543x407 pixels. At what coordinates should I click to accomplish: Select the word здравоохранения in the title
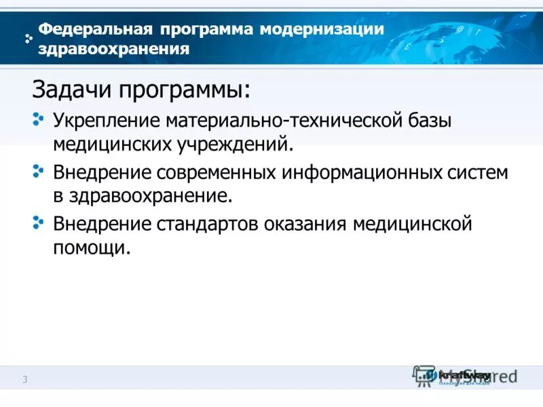pyautogui.click(x=113, y=49)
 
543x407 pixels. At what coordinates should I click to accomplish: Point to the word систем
pyautogui.click(x=479, y=172)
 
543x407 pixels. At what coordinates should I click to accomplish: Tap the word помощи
pyautogui.click(x=91, y=248)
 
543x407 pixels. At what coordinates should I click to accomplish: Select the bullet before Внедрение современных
pyautogui.click(x=38, y=172)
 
